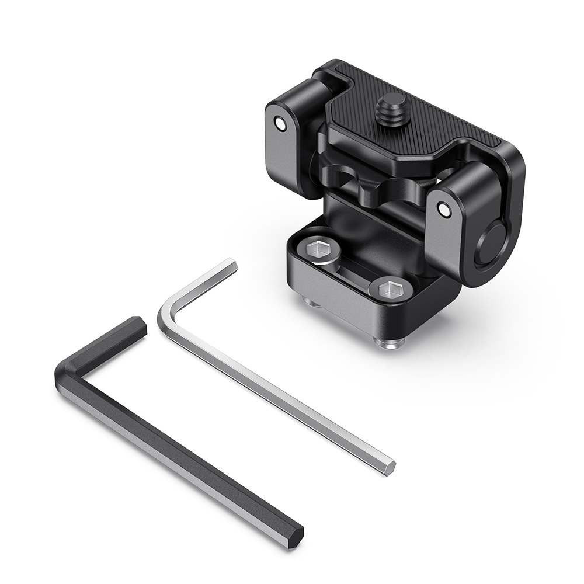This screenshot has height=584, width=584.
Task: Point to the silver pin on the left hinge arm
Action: [281, 124]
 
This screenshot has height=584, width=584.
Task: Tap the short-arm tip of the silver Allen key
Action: [231, 266]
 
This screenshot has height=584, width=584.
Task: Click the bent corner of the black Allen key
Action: [67, 377]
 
